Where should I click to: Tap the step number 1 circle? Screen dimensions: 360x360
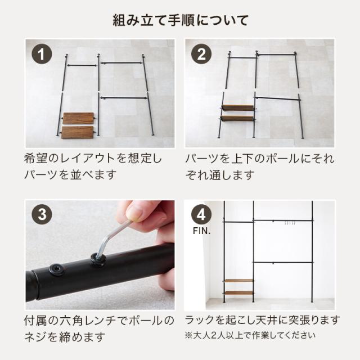coord(42,56)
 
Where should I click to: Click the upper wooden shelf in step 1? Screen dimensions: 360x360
coord(78,118)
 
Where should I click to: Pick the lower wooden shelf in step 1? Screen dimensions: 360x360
coord(78,132)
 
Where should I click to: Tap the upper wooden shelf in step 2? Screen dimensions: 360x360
coord(237,107)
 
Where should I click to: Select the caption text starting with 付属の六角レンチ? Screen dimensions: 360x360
coord(100,321)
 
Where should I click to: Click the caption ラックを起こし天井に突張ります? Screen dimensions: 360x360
coord(263,320)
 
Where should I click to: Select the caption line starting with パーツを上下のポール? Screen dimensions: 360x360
coord(259,159)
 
